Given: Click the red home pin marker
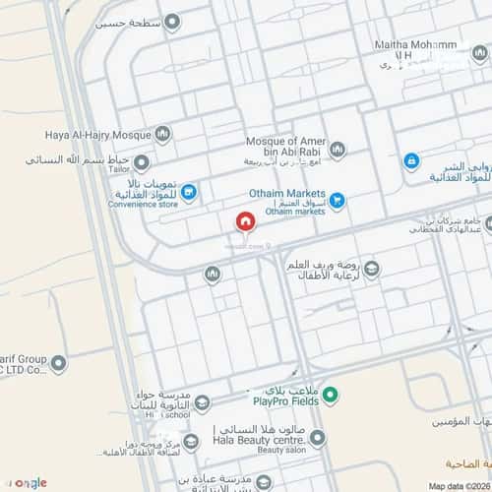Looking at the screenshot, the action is pyautogui.click(x=244, y=222).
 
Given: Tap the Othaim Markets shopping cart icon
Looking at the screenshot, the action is pyautogui.click(x=338, y=201).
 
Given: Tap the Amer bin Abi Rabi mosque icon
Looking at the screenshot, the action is pyautogui.click(x=338, y=150).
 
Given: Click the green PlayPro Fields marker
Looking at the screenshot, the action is pyautogui.click(x=332, y=397).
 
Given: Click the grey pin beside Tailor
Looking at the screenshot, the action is pyautogui.click(x=142, y=161).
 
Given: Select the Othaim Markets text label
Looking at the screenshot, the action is pyautogui.click(x=283, y=195).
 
